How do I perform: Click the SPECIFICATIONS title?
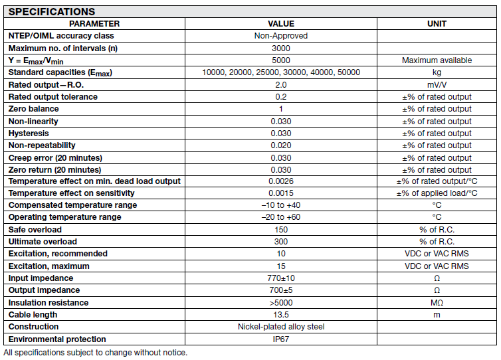pyautogui.click(x=52, y=11)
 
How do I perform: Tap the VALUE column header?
pyautogui.click(x=280, y=23)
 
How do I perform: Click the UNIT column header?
pyautogui.click(x=437, y=23)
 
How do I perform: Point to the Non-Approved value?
pyautogui.click(x=280, y=36)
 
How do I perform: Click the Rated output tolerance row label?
pyautogui.click(x=52, y=96)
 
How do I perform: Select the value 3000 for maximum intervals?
pyautogui.click(x=280, y=48)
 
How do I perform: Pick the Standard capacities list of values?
pyautogui.click(x=280, y=72)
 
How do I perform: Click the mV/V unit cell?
pyautogui.click(x=437, y=84)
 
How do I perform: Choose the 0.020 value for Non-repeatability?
pyautogui.click(x=280, y=145)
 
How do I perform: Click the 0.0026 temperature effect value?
pyautogui.click(x=280, y=181)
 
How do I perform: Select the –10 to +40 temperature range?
pyautogui.click(x=280, y=205)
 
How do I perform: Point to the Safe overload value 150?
pyautogui.click(x=280, y=230)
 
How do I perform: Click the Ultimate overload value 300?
pyautogui.click(x=280, y=242)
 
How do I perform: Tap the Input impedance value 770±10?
pyautogui.click(x=280, y=278)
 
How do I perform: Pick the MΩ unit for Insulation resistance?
pyautogui.click(x=437, y=303)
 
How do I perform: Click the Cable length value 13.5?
pyautogui.click(x=280, y=315)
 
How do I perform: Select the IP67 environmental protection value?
pyautogui.click(x=280, y=339)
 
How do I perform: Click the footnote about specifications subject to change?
pyautogui.click(x=95, y=352)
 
